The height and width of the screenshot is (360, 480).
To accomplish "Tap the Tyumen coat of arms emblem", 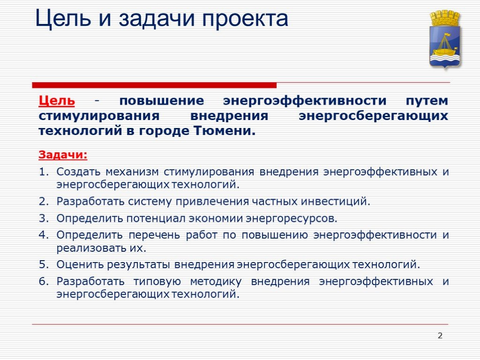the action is [445, 39].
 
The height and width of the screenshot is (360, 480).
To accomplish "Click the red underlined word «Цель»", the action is [57, 100].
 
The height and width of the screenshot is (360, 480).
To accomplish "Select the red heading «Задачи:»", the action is [63, 155].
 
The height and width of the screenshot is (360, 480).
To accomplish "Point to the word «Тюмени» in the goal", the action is [224, 131].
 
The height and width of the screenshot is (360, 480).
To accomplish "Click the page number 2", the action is [440, 336].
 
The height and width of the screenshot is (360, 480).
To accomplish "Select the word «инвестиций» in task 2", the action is [336, 202].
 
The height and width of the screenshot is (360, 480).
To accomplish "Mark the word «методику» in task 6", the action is [216, 282].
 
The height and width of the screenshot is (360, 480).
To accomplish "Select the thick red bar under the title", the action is [154, 85].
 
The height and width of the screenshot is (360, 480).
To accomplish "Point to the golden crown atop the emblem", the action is [445, 18].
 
